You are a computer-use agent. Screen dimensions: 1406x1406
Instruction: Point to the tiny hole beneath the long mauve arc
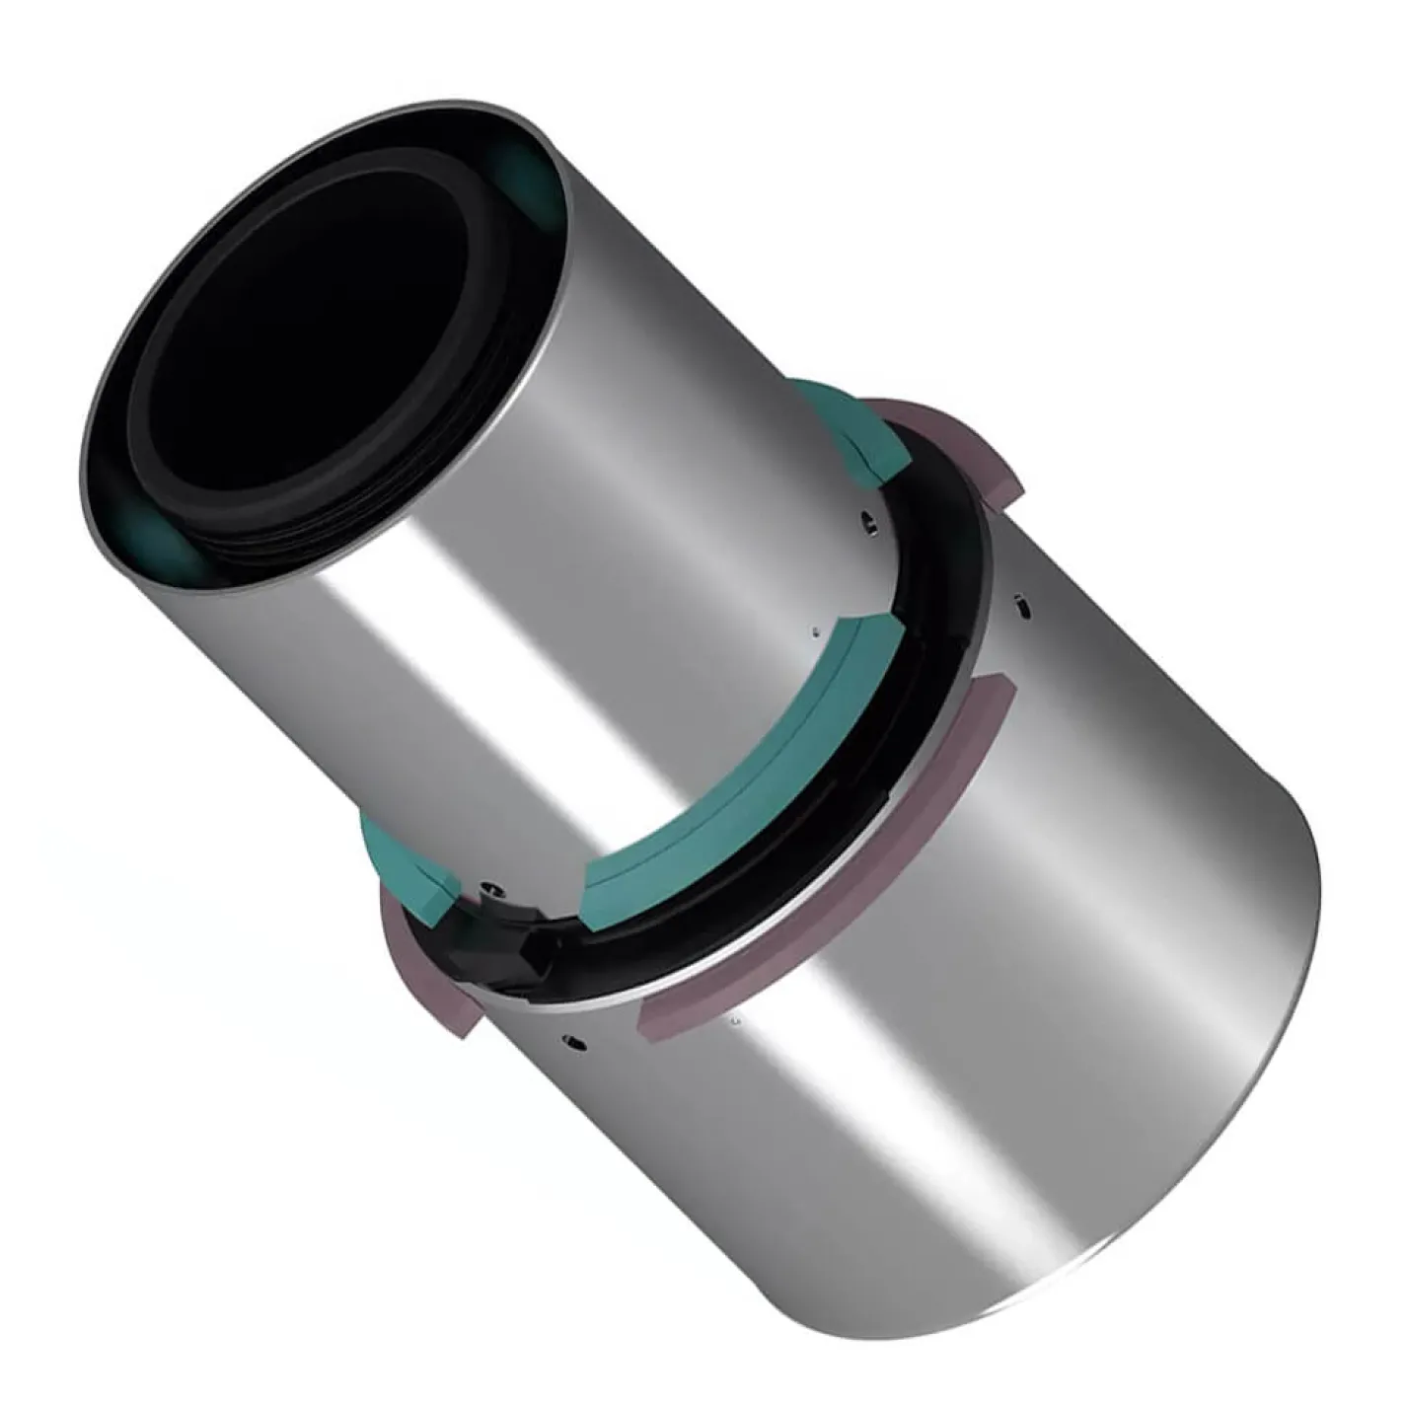[735, 1023]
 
